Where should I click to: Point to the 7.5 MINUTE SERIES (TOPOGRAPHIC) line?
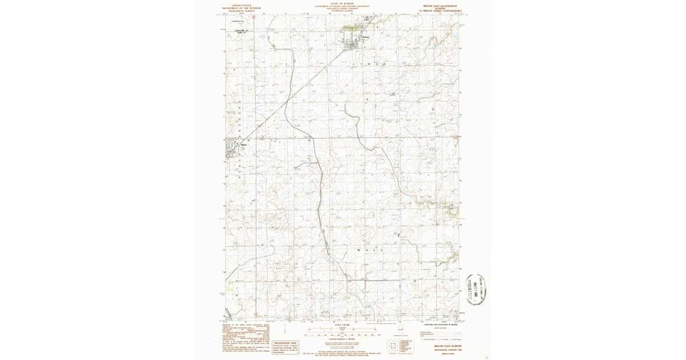(x=440, y=10)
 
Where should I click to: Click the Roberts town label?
(x=366, y=38)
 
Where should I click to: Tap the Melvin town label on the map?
(x=244, y=143)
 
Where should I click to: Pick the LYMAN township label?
(x=375, y=64)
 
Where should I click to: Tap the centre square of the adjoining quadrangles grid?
(x=393, y=345)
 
